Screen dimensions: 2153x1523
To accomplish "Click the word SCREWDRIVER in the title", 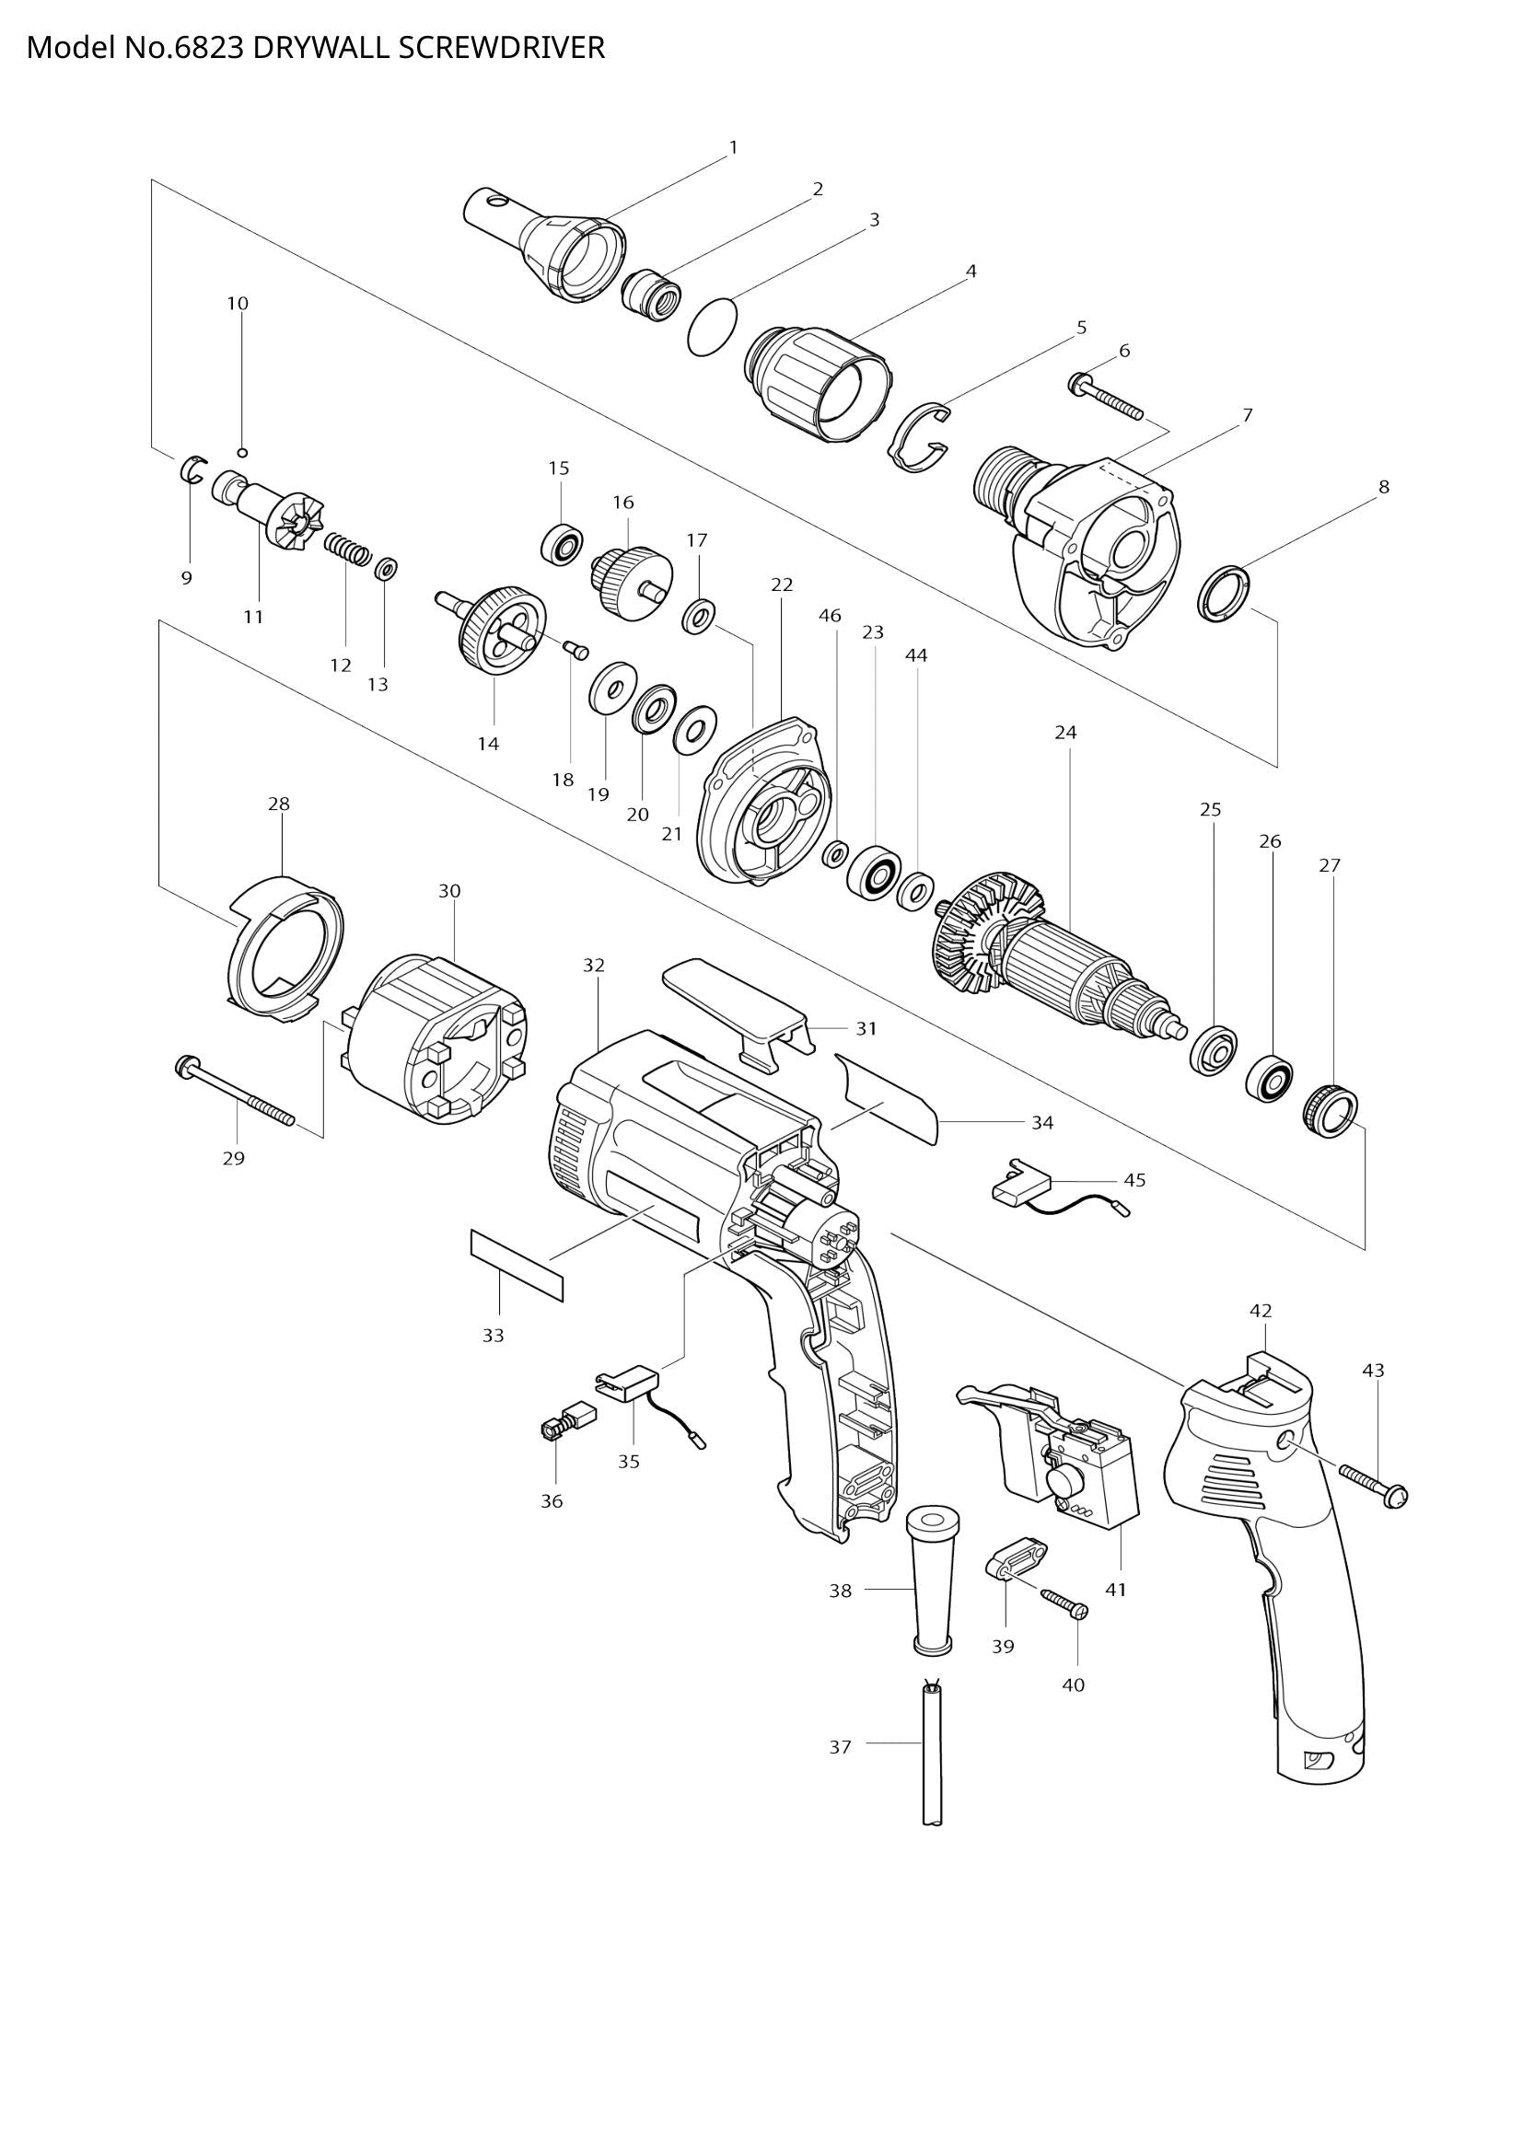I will [x=501, y=48].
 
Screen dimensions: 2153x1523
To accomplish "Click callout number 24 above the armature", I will [x=1065, y=734].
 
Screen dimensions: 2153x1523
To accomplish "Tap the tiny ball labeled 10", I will [x=242, y=453].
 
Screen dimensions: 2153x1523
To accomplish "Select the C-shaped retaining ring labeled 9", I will [x=192, y=467].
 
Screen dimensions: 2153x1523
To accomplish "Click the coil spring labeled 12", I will [x=348, y=548].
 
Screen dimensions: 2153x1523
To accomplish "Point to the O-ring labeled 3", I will [x=713, y=327].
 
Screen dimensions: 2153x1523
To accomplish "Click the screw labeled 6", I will [x=1107, y=396].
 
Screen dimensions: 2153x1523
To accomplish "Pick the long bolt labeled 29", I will [x=235, y=1093].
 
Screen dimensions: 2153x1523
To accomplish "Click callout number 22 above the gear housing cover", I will [x=782, y=585].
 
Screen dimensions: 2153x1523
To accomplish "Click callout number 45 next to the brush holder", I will [x=1134, y=1181].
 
